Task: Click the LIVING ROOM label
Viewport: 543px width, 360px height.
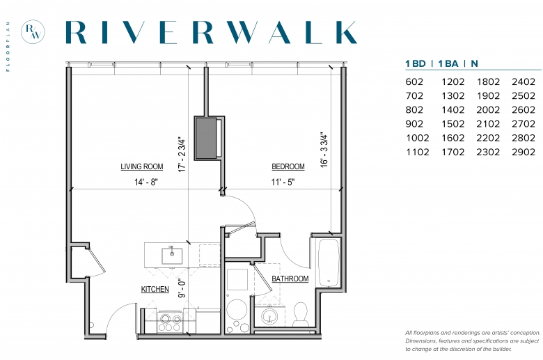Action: (x=141, y=166)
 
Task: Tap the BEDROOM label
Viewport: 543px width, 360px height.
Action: (x=288, y=166)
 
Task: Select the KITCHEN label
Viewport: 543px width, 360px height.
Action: (x=155, y=289)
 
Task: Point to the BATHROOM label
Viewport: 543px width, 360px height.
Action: (x=290, y=279)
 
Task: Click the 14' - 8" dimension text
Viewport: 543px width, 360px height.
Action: (x=145, y=182)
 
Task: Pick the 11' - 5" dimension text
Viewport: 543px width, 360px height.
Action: (x=283, y=182)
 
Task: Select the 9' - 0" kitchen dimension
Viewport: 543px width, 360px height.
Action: (x=182, y=288)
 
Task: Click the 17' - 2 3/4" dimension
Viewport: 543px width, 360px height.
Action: (x=182, y=154)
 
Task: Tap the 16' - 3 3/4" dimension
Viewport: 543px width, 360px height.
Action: (x=324, y=150)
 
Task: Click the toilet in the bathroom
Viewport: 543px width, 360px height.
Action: (x=301, y=314)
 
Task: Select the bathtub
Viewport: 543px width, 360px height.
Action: (x=329, y=263)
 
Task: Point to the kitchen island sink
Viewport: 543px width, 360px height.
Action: (x=172, y=256)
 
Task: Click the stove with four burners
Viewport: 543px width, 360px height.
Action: (x=170, y=322)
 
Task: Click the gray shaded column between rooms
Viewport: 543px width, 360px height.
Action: (x=206, y=138)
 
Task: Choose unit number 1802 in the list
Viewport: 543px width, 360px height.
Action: (x=488, y=81)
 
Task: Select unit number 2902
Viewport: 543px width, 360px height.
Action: (x=524, y=152)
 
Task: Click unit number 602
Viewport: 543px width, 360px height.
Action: (x=414, y=81)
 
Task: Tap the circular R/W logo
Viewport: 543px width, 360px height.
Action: (x=33, y=31)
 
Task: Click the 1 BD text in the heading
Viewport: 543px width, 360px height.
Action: (x=416, y=64)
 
